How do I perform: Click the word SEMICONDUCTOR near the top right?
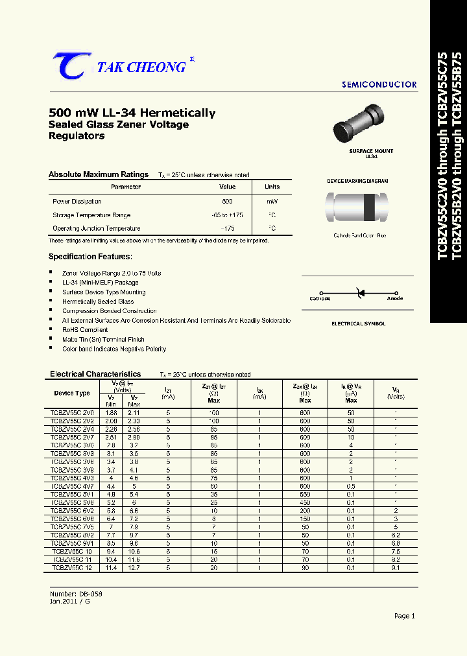click(x=379, y=85)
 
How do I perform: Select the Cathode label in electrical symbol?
click(x=320, y=299)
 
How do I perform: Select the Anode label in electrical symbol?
click(x=394, y=299)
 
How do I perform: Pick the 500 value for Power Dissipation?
click(x=227, y=202)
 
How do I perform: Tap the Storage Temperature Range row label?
click(x=91, y=215)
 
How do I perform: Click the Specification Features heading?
click(x=90, y=257)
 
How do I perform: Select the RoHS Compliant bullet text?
click(x=85, y=330)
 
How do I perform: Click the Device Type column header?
click(x=72, y=393)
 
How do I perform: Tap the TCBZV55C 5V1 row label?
click(x=73, y=493)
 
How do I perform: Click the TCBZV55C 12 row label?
click(x=73, y=567)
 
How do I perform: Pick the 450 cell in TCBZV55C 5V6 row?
click(x=305, y=502)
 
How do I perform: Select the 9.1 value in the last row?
click(x=396, y=567)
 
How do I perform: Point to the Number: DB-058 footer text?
click(x=76, y=594)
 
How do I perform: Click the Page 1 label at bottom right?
click(x=404, y=616)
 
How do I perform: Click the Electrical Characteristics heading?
click(x=95, y=374)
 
